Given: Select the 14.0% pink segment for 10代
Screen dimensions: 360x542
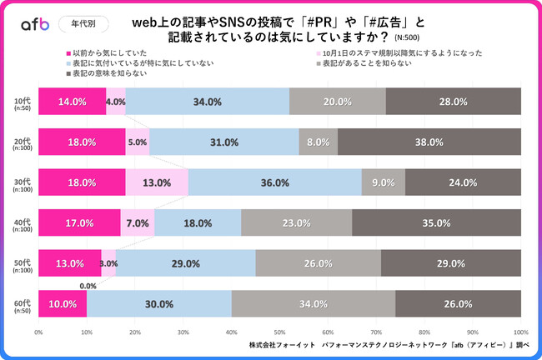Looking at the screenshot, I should [x=73, y=102].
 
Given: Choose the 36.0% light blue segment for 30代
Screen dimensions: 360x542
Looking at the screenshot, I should [x=275, y=182].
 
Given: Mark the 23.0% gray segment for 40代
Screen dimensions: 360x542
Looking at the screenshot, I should [x=296, y=223].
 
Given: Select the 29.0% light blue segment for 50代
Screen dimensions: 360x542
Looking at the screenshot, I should [x=185, y=263].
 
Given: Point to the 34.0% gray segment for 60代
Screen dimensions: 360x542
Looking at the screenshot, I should [x=314, y=304].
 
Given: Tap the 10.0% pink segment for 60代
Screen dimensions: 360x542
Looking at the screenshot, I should [x=63, y=304].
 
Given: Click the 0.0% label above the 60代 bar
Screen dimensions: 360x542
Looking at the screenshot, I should [x=88, y=285].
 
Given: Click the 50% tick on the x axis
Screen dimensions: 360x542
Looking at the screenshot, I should [x=280, y=331].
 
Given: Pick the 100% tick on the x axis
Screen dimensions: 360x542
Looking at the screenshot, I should [x=520, y=331].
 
